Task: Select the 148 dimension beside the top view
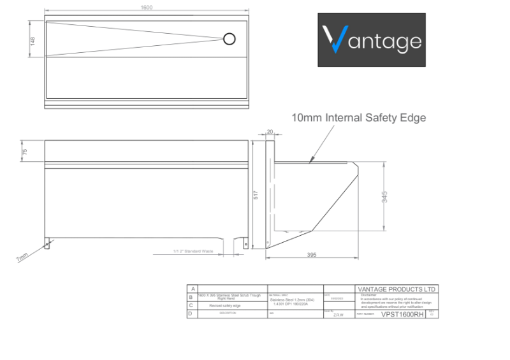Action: [33, 40]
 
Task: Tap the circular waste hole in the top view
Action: [229, 40]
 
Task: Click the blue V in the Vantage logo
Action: [333, 40]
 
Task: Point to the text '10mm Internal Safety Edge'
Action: [358, 118]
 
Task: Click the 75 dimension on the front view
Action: [25, 152]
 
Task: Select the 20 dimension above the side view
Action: [270, 132]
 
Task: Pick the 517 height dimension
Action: [256, 195]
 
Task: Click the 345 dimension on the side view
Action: [384, 197]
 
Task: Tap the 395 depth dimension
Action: [312, 255]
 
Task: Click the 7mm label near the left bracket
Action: [22, 258]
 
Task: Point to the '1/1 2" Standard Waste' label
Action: [193, 251]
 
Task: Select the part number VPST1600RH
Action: [402, 314]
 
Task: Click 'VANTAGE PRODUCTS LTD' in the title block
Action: [396, 289]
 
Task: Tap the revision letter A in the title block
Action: [191, 289]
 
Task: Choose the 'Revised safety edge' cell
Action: [229, 305]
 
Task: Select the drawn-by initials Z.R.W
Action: [338, 315]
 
